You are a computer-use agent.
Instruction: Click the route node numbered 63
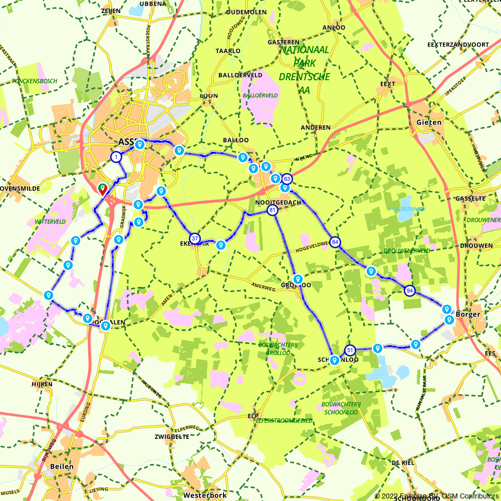[287, 179]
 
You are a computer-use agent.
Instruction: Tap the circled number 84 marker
[335, 242]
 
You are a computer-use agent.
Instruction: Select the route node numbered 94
[410, 291]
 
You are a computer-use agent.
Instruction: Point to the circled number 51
[350, 350]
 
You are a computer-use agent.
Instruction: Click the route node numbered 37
[195, 238]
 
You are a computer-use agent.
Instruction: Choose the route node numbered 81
[272, 210]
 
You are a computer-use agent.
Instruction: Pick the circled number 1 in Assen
[116, 157]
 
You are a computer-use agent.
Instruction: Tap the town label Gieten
[429, 122]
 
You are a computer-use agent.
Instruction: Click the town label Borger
[468, 315]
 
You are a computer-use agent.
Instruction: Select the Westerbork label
[205, 494]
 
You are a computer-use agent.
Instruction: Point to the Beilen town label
[62, 466]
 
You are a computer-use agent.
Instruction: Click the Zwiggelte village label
[172, 436]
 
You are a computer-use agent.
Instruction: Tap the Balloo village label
[236, 140]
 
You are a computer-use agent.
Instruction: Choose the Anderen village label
[316, 128]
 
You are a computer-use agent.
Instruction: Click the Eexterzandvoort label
[458, 45]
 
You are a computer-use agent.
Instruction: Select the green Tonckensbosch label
[35, 81]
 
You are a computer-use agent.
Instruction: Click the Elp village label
[253, 416]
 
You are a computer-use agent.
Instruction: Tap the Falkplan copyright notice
[436, 496]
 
